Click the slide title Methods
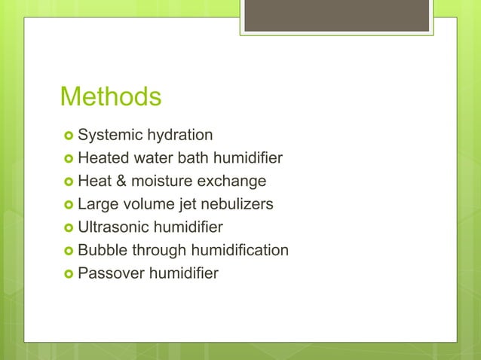[x=110, y=97]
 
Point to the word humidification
[x=241, y=250]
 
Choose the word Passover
[x=111, y=273]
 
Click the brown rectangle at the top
[x=336, y=16]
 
